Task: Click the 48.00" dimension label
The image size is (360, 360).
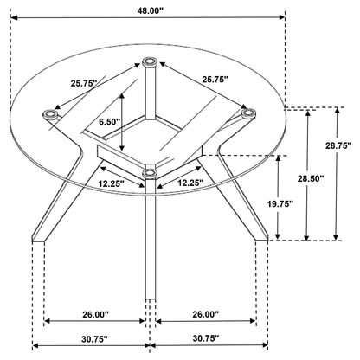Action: point(150,11)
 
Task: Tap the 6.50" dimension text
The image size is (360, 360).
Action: point(109,122)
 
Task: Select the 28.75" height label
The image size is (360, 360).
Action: point(338,145)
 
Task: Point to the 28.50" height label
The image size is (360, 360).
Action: point(311,178)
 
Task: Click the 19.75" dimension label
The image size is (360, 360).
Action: point(280,204)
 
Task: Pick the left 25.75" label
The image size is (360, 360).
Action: point(84,83)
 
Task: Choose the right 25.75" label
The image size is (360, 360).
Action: point(215,80)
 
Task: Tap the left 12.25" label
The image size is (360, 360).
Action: point(112,183)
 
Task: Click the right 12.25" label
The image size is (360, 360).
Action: point(190,183)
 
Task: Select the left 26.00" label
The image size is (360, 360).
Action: point(95,314)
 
